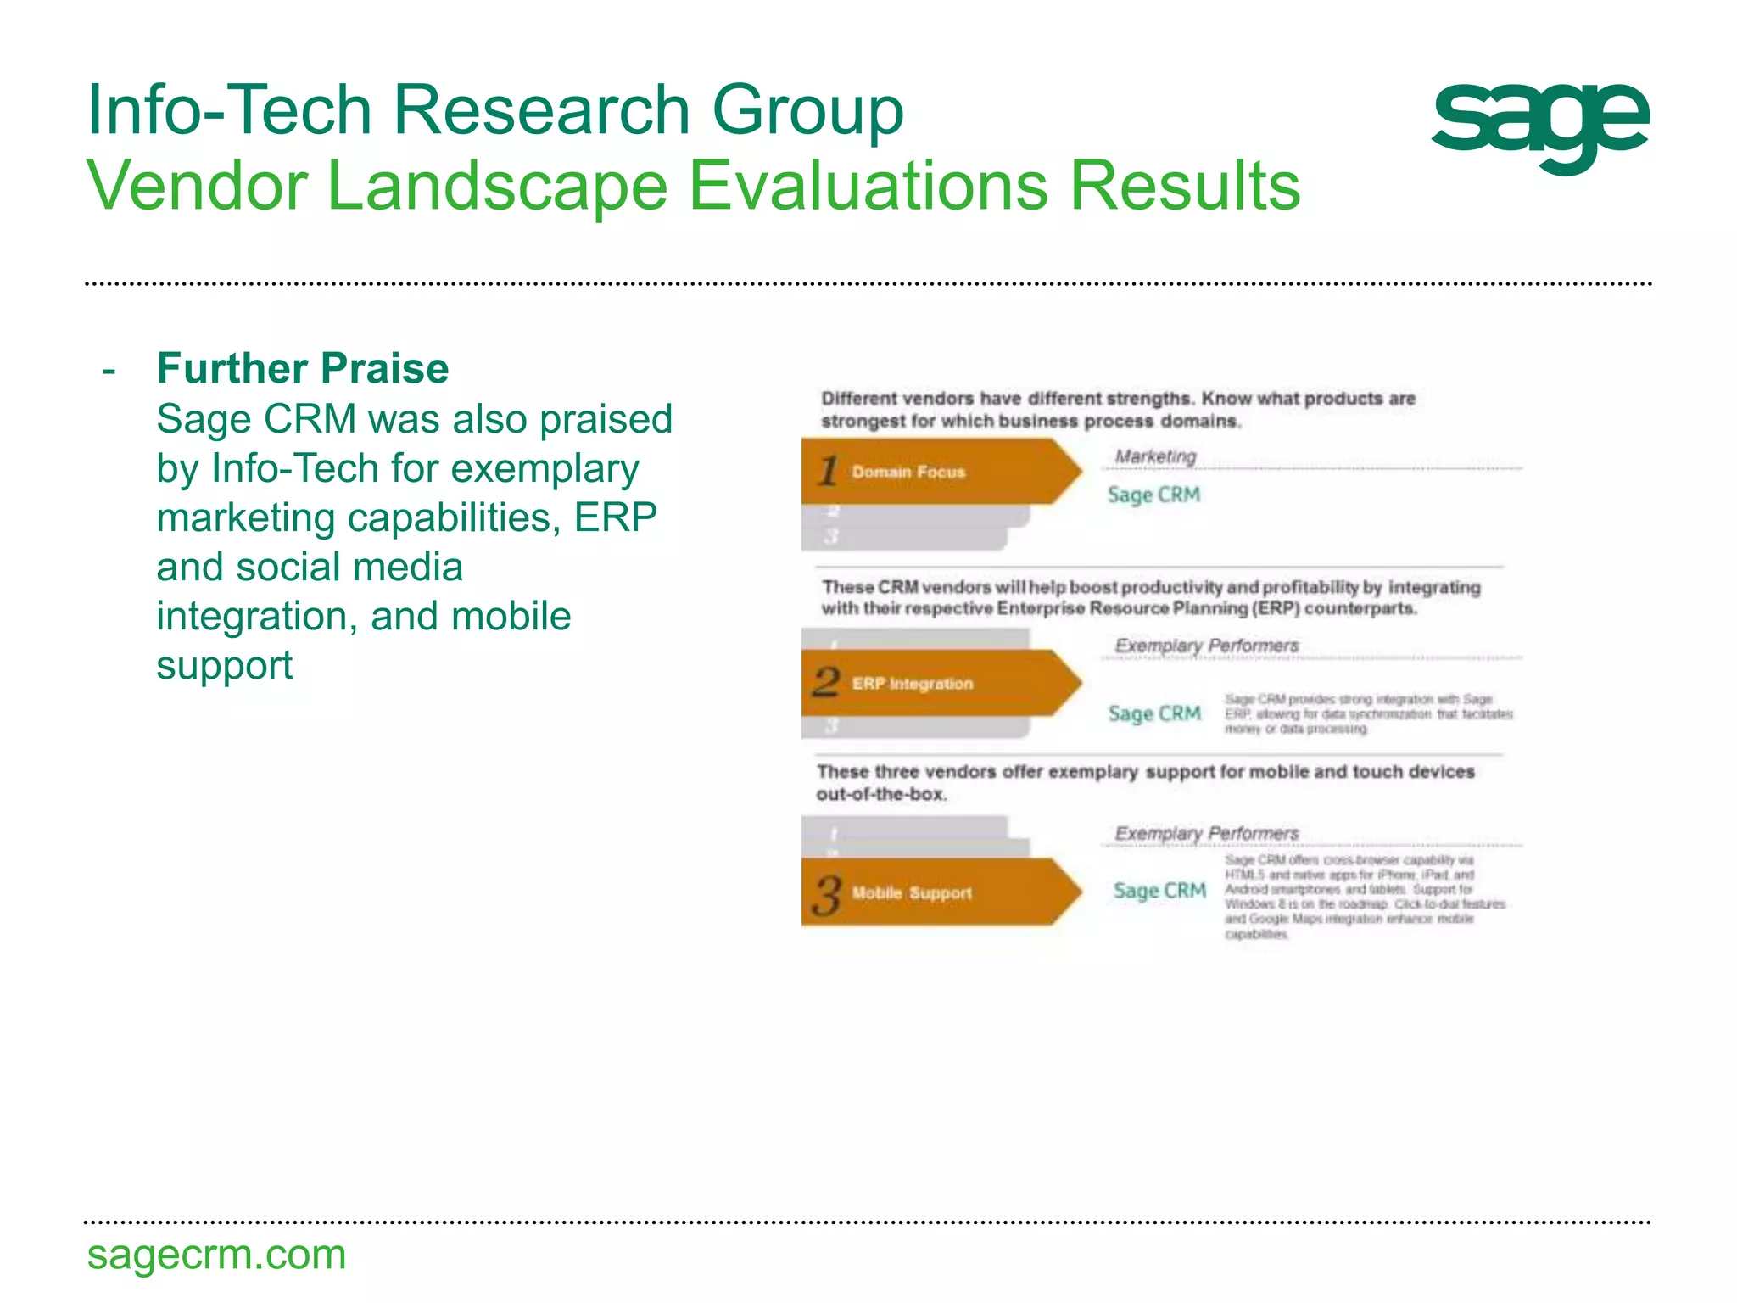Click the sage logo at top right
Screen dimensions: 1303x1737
(1539, 126)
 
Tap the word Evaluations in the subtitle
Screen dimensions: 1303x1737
(868, 186)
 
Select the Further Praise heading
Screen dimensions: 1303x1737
(303, 368)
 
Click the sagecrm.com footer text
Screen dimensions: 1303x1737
(216, 1255)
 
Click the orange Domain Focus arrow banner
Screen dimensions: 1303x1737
(933, 472)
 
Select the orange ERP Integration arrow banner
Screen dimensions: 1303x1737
(933, 683)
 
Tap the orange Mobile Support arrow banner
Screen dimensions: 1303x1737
(933, 892)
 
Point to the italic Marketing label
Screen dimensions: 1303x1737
(1154, 456)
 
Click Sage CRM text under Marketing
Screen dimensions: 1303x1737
(1153, 495)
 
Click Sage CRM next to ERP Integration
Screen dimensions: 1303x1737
(1154, 713)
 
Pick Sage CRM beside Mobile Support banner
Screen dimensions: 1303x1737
(1159, 891)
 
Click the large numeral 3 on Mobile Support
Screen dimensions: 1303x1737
(826, 896)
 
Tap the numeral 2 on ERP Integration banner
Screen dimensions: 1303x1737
(825, 682)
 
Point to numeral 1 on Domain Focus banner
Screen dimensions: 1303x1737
(829, 471)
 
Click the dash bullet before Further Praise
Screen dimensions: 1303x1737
(109, 370)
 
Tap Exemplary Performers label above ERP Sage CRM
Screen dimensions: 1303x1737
(1206, 646)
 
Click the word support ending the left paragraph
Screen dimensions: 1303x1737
(224, 665)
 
